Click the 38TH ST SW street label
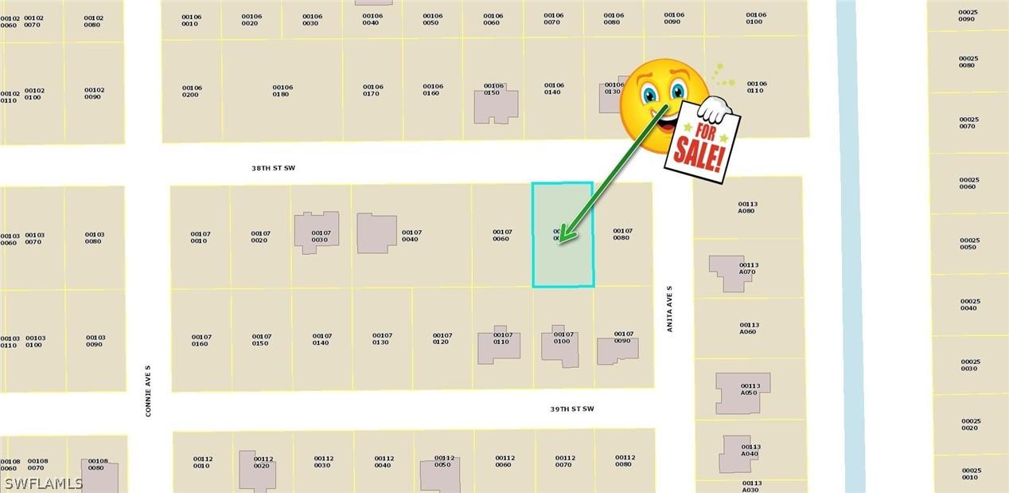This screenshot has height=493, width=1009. coord(273,169)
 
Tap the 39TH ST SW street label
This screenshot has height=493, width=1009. coord(571,409)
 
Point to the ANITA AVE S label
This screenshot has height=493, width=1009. coord(670,309)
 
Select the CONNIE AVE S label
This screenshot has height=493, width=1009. coord(148,390)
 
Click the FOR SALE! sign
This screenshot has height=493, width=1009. coord(701,143)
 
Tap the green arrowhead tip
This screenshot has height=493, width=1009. coord(561,239)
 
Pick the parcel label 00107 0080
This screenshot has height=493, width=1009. coord(622,234)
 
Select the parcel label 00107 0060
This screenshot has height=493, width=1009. coord(502,236)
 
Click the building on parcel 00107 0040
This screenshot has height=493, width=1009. coord(376,233)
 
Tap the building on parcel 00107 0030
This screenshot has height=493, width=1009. coord(316,232)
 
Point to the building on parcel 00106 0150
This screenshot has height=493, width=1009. coord(495,104)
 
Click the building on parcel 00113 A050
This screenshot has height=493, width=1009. coord(742,393)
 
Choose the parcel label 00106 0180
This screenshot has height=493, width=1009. coord(282,91)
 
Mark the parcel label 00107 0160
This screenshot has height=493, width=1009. coord(201,340)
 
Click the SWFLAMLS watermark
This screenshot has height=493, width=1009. coord(44,483)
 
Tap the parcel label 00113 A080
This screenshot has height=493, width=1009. coord(747,207)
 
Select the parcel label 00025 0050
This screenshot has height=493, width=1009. coord(969,243)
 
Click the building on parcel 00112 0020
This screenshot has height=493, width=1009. coord(257,470)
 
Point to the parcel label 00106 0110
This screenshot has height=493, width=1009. coord(756,87)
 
